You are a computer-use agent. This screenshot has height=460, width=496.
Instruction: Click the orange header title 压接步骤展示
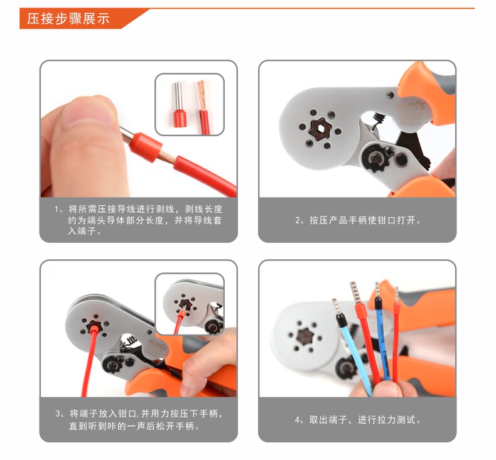point(68,19)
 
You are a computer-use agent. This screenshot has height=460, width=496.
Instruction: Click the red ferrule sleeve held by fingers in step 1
point(145,147)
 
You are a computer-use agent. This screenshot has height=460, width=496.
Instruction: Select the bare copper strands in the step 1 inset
point(202,95)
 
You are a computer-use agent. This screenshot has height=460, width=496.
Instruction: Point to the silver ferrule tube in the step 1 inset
point(178,96)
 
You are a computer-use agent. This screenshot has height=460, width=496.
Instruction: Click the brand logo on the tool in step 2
point(411,105)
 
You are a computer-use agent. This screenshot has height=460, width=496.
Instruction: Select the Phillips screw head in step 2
point(389,151)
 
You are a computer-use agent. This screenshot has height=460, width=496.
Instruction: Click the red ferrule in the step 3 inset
point(181,315)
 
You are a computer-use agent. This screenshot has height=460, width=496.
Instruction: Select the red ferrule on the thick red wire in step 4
point(361,311)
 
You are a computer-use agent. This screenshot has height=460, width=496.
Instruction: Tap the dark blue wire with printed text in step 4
point(384,345)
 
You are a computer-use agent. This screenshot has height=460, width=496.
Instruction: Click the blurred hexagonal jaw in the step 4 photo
point(306,336)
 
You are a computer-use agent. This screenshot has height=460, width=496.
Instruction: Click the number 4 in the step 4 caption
point(298,420)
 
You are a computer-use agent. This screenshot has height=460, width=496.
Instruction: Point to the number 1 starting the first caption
point(57,210)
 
